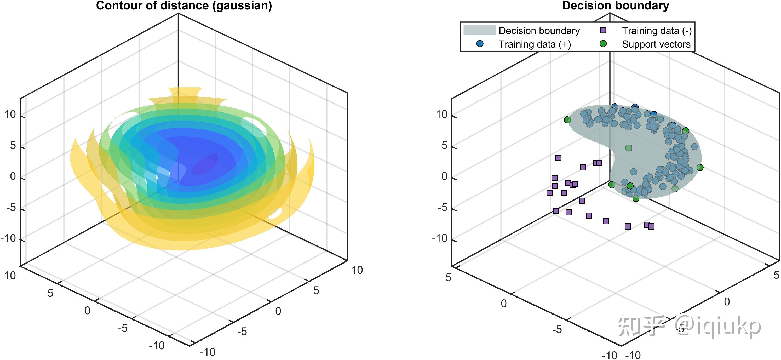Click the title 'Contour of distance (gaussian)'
click(x=184, y=6)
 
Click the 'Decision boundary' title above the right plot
click(x=616, y=6)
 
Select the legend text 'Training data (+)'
click(x=535, y=44)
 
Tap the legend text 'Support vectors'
click(x=656, y=44)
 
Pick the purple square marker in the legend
click(x=603, y=30)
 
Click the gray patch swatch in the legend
click(x=479, y=30)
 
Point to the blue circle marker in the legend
click(x=480, y=44)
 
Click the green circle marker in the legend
click(x=603, y=44)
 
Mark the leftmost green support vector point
click(x=567, y=120)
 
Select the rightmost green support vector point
click(x=700, y=167)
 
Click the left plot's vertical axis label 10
click(x=10, y=115)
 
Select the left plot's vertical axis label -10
click(x=8, y=238)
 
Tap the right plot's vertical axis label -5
click(x=443, y=208)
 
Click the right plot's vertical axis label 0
click(x=444, y=176)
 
